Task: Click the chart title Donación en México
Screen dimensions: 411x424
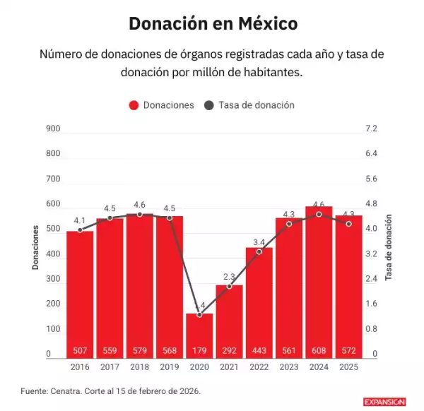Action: [x=213, y=23]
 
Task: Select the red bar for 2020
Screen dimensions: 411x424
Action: [x=199, y=335]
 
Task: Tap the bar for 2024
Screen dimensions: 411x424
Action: [x=319, y=282]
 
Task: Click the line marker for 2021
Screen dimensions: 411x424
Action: [x=229, y=286]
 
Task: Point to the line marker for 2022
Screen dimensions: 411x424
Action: [x=259, y=251]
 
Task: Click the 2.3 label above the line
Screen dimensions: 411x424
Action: [x=229, y=276]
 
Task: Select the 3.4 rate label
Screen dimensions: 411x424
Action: [x=259, y=242]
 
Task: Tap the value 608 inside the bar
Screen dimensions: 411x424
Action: [x=319, y=351]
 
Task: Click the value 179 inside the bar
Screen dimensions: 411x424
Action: [x=199, y=351]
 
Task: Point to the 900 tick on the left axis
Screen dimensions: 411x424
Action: [x=54, y=129]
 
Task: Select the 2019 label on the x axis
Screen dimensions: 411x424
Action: [x=170, y=367]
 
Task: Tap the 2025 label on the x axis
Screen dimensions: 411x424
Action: [x=348, y=367]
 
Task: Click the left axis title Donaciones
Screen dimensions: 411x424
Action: [x=35, y=247]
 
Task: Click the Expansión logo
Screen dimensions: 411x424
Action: [x=384, y=401]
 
